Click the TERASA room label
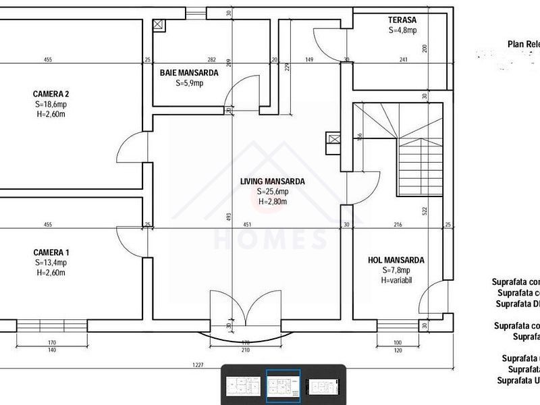402,20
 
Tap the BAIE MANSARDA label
189,73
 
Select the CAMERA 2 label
51,94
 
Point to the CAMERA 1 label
51,252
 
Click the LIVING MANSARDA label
273,181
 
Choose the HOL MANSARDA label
396,260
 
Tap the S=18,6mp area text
51,105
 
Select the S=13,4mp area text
51,262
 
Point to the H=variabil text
396,280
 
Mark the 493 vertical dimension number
229,217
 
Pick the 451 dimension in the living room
248,225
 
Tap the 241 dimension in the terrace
403,60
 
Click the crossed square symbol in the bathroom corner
158,24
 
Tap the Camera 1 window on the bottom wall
52,325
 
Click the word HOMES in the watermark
270,240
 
